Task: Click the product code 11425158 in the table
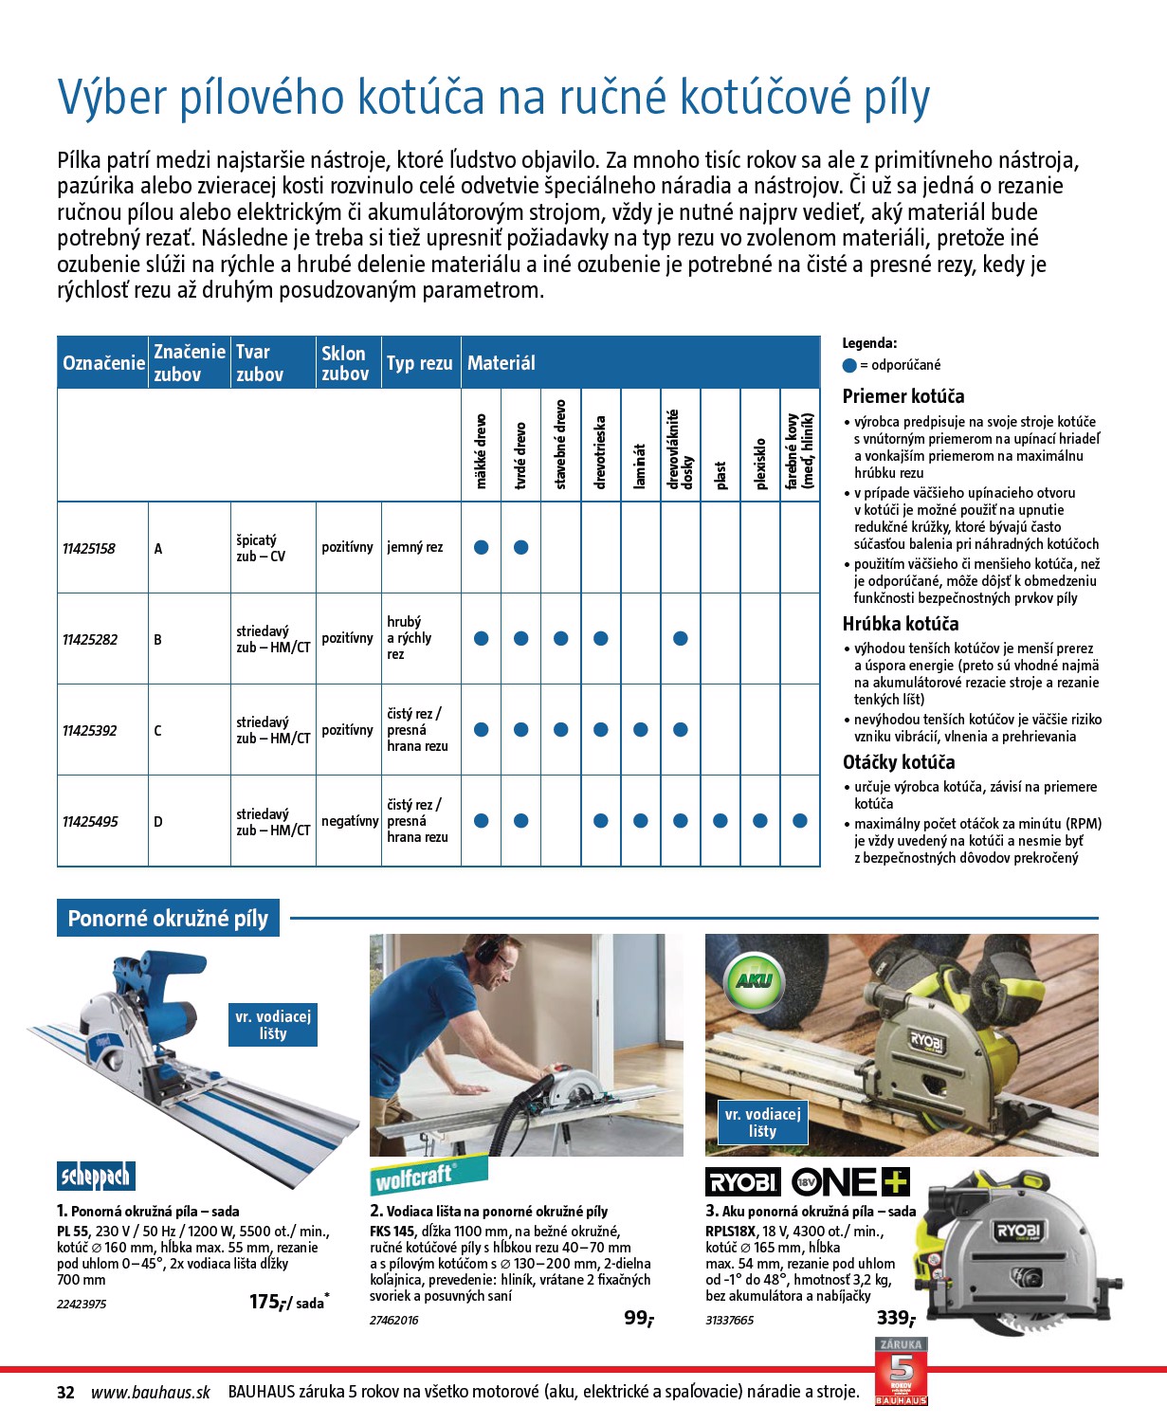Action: click(89, 549)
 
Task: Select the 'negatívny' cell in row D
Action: click(349, 821)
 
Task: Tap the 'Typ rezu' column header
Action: click(419, 363)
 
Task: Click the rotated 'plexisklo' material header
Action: click(759, 464)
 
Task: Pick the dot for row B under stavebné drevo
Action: click(560, 639)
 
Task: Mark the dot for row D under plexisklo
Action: click(759, 821)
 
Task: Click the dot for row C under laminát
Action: click(640, 730)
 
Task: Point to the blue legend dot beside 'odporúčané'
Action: click(849, 365)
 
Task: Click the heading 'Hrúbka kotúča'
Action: click(900, 624)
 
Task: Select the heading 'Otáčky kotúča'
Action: click(898, 762)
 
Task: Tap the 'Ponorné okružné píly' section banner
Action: click(168, 919)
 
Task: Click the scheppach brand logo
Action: click(95, 1177)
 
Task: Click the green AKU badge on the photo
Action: click(754, 981)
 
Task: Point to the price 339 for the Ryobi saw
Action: click(895, 1318)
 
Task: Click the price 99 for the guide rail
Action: click(637, 1318)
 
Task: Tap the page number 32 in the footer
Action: click(65, 1393)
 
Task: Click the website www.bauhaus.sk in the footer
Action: click(151, 1393)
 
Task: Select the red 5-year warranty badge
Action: click(900, 1371)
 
